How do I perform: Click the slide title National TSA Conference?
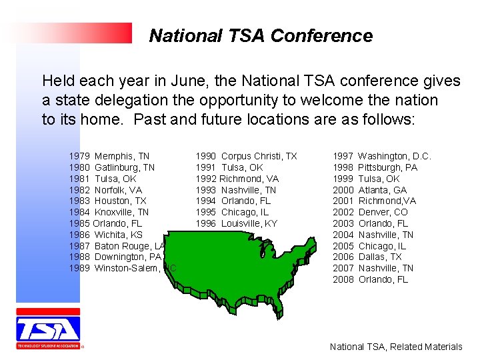click(261, 35)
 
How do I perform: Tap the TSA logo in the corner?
click(48, 329)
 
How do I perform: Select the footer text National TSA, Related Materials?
click(396, 347)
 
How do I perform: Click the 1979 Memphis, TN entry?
click(109, 156)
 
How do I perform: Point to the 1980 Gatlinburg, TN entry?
click(111, 167)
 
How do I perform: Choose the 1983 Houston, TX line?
click(107, 201)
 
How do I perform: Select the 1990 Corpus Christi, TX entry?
click(246, 156)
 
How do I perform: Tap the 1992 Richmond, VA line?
click(237, 179)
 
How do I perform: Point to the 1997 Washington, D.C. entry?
click(382, 156)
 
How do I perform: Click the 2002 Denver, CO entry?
click(370, 212)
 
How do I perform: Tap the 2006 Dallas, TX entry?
click(367, 257)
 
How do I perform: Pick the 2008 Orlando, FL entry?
click(370, 279)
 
